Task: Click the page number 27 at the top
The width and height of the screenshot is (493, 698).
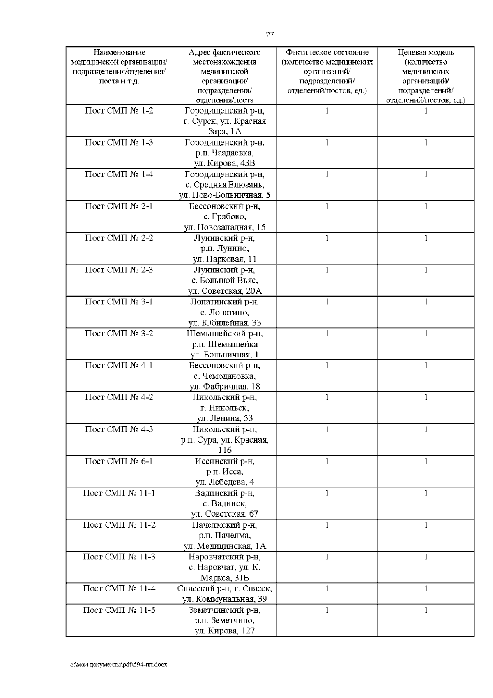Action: tap(270, 35)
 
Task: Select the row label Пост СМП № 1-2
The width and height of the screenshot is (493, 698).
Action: tap(119, 111)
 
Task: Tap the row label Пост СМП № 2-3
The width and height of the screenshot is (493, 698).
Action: tap(119, 270)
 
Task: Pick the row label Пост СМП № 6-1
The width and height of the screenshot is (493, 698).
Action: tap(119, 461)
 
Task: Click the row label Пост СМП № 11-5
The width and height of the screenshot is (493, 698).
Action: tap(119, 610)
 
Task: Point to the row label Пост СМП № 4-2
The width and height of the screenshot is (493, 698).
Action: tap(119, 397)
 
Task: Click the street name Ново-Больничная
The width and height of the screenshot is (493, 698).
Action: tap(234, 195)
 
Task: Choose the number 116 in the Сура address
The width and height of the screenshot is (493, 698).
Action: tap(225, 450)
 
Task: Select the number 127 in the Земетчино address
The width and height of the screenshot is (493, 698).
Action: tap(246, 631)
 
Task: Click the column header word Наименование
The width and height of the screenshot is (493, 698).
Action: tap(119, 53)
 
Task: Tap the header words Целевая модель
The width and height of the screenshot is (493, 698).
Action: tap(426, 53)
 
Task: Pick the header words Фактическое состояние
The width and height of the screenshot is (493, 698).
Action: tap(327, 53)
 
